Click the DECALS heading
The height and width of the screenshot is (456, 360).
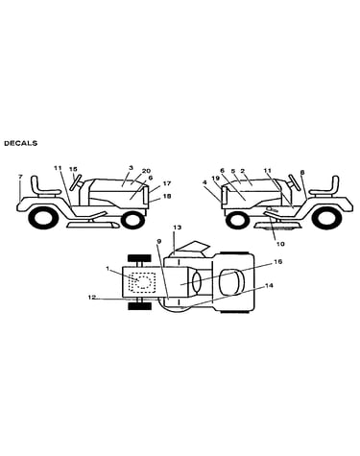tap(20, 143)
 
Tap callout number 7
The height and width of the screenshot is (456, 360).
tap(21, 177)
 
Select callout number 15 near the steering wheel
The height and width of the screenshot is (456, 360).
tap(73, 169)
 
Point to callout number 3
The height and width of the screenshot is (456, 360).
tap(131, 167)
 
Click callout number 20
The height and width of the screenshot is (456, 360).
tap(147, 171)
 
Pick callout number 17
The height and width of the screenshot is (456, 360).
tap(167, 183)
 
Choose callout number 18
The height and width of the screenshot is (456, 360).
tap(167, 196)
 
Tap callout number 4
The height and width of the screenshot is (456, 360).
tap(205, 182)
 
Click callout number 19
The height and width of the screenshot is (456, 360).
tap(216, 178)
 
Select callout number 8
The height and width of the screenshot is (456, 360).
tap(302, 172)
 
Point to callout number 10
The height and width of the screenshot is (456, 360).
tap(280, 244)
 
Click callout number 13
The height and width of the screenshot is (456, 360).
tap(178, 228)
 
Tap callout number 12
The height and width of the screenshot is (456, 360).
tap(92, 298)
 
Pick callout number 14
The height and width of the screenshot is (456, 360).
tap(270, 285)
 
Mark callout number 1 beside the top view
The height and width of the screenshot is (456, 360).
tap(108, 269)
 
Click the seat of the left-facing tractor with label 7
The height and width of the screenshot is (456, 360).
tap(44, 187)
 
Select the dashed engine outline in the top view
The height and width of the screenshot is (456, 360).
tap(142, 282)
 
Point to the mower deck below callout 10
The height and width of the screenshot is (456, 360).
tap(277, 227)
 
